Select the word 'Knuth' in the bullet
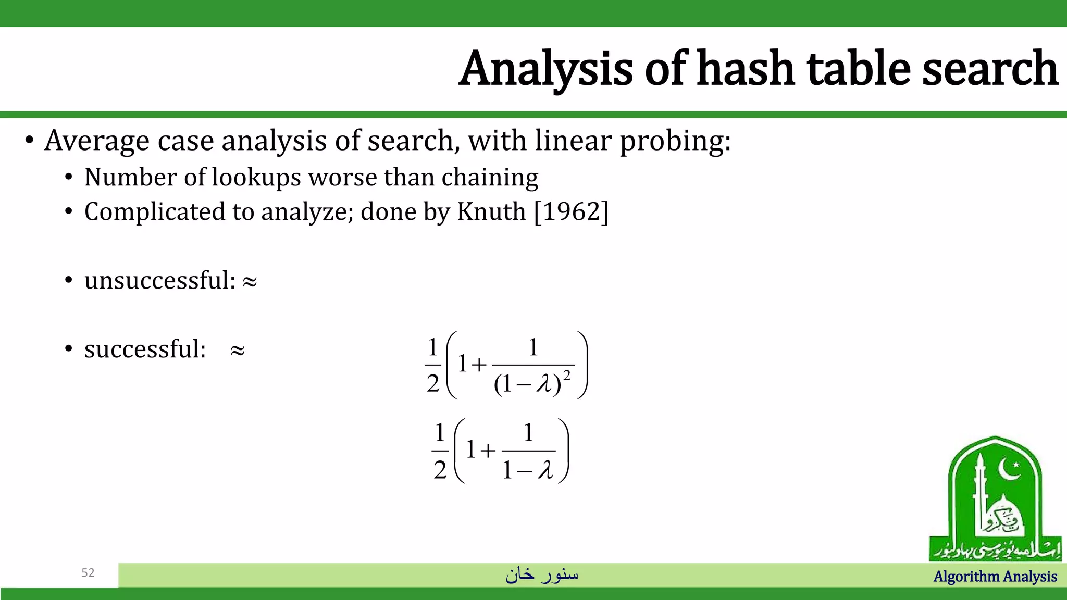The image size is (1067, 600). pos(491,211)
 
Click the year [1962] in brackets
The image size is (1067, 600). pos(572,211)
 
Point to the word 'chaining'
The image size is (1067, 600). pos(490,177)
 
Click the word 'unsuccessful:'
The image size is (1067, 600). pos(160,280)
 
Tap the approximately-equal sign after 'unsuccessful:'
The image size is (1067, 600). pos(250,282)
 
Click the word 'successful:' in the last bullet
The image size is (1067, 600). pos(145,349)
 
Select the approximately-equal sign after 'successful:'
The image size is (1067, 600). pos(238,351)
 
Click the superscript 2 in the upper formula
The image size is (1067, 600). pos(567,376)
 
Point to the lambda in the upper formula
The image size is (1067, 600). pos(544,385)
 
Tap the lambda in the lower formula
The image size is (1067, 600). pos(545,470)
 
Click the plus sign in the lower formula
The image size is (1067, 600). pos(488,451)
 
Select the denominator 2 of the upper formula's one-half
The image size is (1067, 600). pos(433,384)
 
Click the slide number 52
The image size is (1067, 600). pos(88,573)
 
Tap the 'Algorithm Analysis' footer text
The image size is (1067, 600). pos(995,577)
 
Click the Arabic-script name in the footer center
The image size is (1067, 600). pos(542,574)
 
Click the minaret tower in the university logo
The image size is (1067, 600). pos(979,495)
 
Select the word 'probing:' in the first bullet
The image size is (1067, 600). pos(675,141)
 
